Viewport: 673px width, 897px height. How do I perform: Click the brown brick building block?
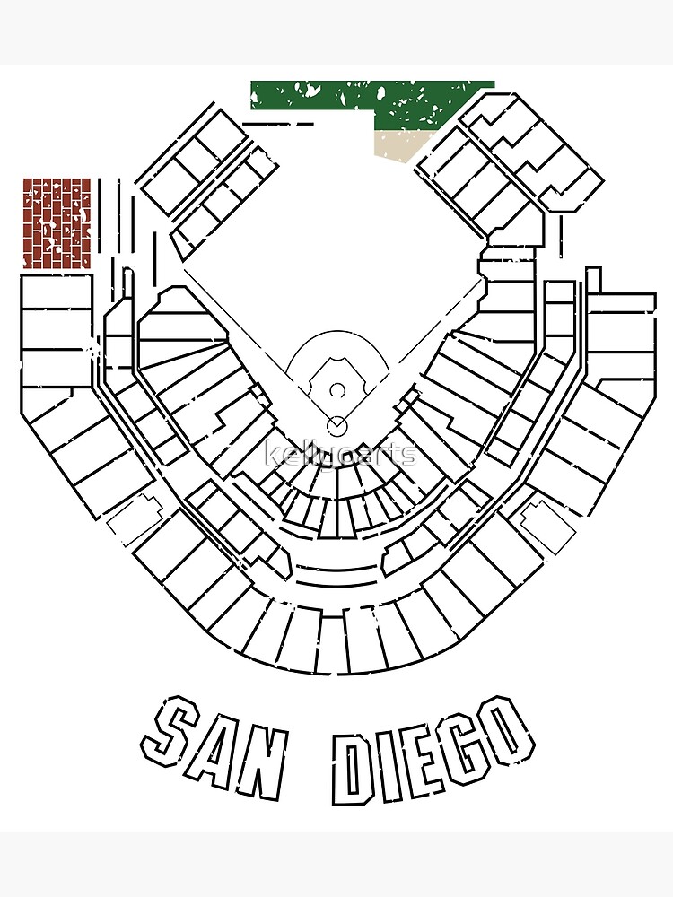pos(57,223)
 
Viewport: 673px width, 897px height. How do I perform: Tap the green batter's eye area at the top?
pos(372,100)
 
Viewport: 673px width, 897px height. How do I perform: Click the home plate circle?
pos(336,424)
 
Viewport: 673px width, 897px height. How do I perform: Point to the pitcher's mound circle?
pos(336,390)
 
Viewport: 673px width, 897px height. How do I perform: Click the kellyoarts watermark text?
pos(342,454)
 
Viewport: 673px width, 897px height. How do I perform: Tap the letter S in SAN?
pos(174,740)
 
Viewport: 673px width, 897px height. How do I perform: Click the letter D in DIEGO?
pos(352,768)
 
